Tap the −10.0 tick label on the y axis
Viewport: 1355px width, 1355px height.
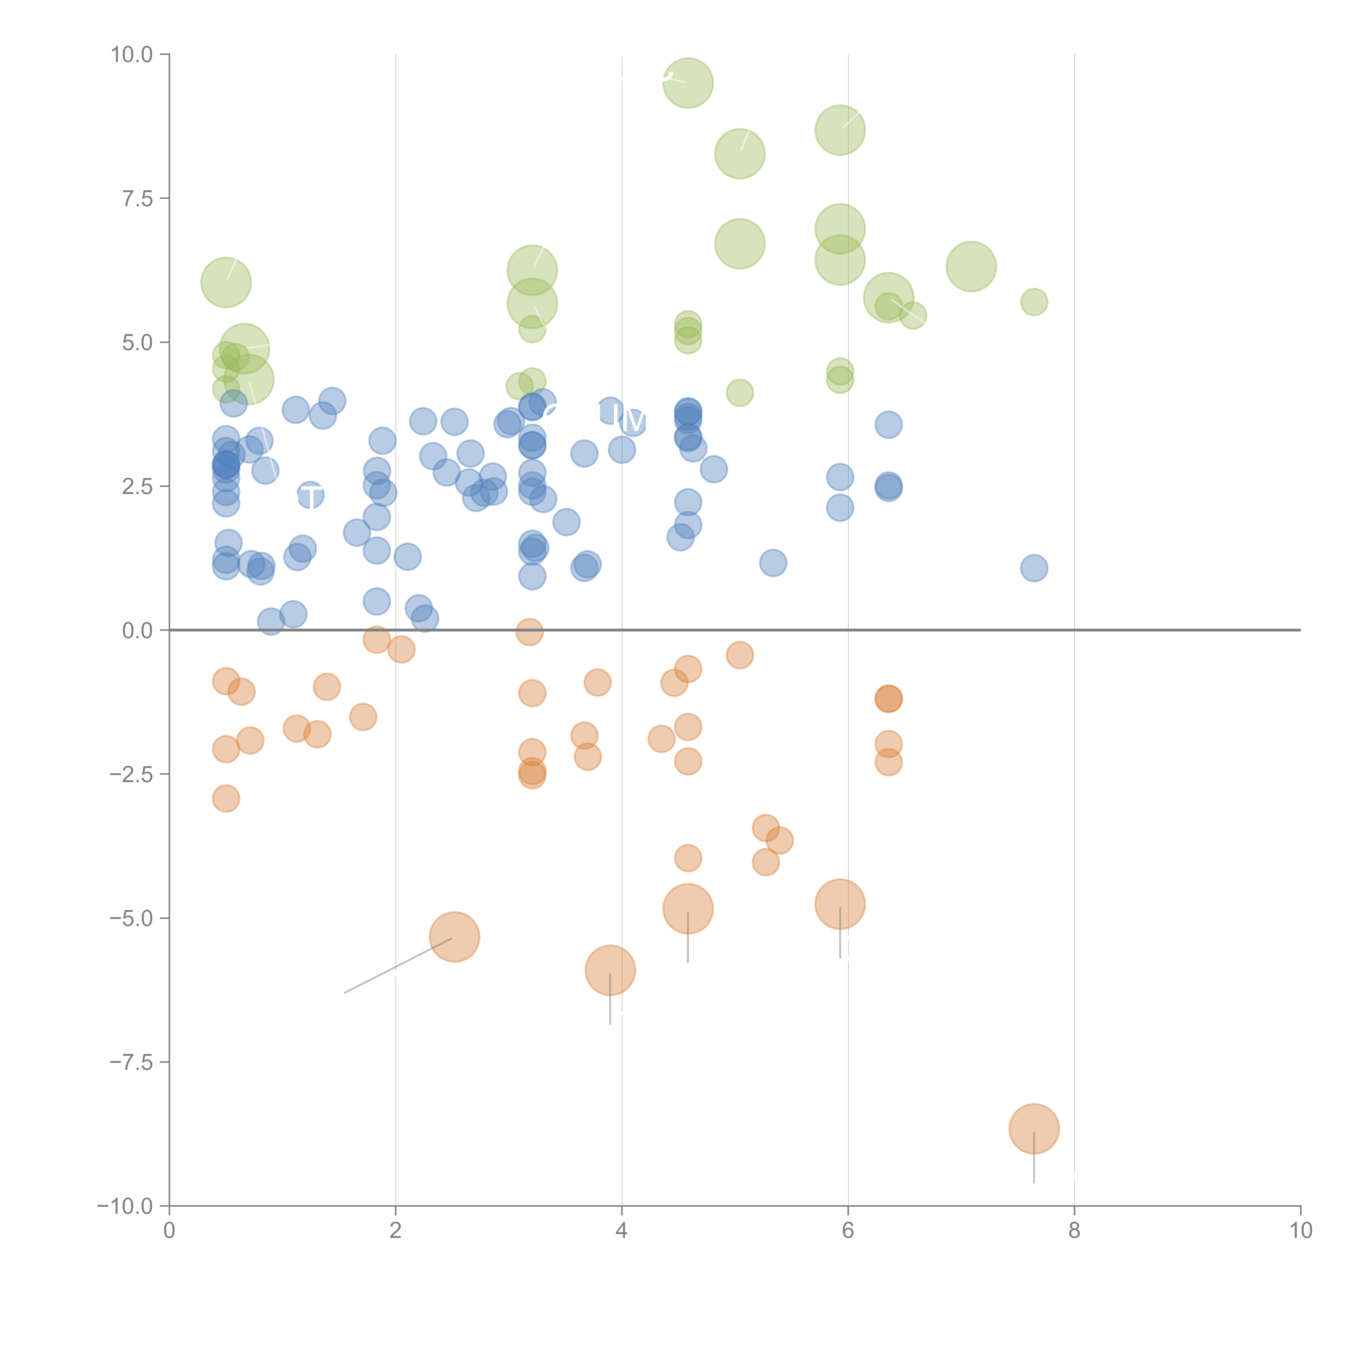pyautogui.click(x=125, y=1206)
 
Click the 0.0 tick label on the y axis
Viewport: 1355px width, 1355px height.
pyautogui.click(x=137, y=631)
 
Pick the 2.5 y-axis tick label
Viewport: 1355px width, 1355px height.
pyautogui.click(x=137, y=487)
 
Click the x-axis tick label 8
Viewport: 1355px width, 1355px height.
pyautogui.click(x=1075, y=1231)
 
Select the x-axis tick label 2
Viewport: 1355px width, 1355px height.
pyautogui.click(x=396, y=1231)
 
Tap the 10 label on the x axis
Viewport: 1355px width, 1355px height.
pyautogui.click(x=1300, y=1231)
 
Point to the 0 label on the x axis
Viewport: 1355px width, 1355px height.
pyautogui.click(x=169, y=1231)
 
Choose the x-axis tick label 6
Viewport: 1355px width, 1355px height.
pyautogui.click(x=848, y=1231)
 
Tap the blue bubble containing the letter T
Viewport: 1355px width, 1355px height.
pyautogui.click(x=310, y=495)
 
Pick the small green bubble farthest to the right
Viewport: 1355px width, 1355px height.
pyautogui.click(x=1034, y=302)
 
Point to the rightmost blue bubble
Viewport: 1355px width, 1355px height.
pyautogui.click(x=1034, y=568)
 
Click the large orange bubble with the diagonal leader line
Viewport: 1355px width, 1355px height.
pyautogui.click(x=454, y=937)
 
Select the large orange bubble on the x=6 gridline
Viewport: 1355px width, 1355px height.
pyautogui.click(x=840, y=904)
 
